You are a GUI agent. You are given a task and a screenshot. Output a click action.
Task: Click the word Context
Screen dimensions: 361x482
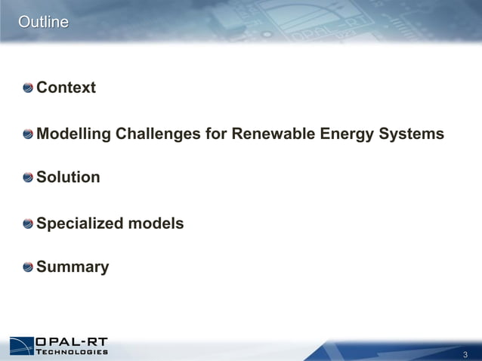coord(66,88)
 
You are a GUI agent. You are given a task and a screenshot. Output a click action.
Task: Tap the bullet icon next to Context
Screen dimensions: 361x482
coord(28,88)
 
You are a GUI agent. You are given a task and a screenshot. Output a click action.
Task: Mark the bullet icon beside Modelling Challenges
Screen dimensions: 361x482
coord(28,134)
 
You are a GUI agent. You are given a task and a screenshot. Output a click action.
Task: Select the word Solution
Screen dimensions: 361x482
coord(68,177)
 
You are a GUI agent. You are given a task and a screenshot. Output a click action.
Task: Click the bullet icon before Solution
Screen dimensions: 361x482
coord(28,178)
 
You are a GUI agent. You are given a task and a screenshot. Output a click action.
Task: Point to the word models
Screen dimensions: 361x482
coord(156,224)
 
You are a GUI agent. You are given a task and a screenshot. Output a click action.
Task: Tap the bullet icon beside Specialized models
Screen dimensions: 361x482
coord(28,224)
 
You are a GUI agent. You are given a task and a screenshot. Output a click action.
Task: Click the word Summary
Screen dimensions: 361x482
coord(73,267)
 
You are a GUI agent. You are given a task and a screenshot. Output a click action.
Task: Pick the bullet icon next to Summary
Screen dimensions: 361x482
coord(28,267)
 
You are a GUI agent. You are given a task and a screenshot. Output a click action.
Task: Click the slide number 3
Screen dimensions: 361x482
coord(465,354)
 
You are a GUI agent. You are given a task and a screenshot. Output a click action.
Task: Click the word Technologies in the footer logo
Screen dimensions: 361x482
coord(73,351)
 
